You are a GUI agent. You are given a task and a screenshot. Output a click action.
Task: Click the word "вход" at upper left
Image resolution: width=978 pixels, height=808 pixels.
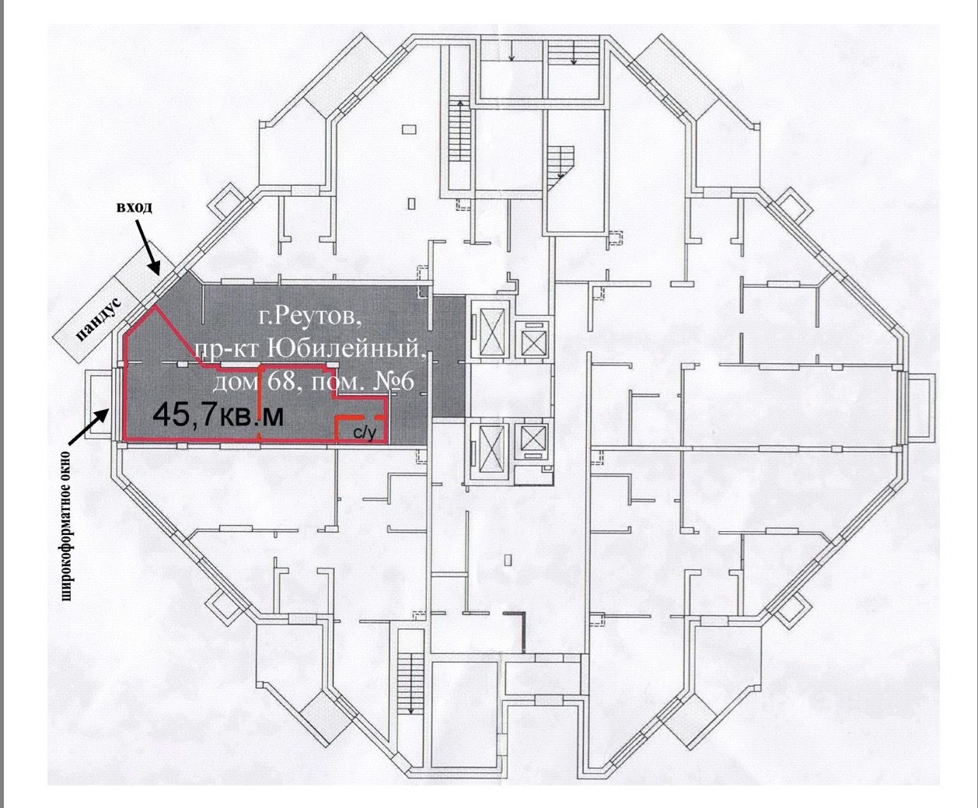(134, 208)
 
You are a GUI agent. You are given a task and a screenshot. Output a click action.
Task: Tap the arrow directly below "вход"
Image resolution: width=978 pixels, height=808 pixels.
(149, 247)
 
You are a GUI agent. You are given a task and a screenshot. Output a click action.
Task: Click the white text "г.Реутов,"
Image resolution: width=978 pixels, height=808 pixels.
(309, 317)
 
